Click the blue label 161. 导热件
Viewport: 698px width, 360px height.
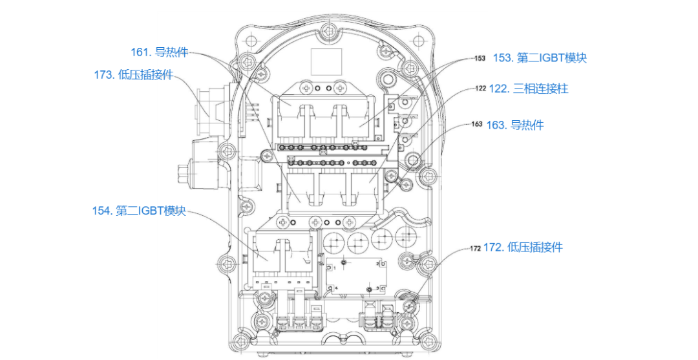coord(159,52)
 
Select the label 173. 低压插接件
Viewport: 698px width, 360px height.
coord(134,74)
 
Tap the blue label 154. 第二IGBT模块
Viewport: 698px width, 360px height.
coord(139,211)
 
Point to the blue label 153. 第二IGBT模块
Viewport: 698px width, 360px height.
coord(540,58)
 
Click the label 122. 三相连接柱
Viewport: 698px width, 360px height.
coord(529,89)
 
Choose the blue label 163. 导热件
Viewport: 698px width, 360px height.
coord(515,125)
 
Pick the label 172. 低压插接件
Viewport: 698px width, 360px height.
coord(523,247)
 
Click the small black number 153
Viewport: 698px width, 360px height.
coord(480,58)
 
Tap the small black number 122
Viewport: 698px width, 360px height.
coord(480,88)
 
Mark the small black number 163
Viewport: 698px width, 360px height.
coord(477,124)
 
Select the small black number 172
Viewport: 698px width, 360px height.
coord(476,248)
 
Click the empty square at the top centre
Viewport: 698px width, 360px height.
coord(326,61)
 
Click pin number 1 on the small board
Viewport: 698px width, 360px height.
coord(330,268)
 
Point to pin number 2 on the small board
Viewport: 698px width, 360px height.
coord(381,265)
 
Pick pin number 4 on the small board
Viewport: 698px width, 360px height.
coord(332,288)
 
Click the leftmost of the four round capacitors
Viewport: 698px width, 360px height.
coord(335,242)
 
